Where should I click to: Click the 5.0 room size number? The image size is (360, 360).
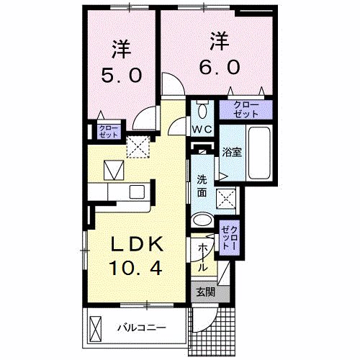[x=121, y=75]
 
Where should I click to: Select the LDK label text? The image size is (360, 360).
[x=137, y=244]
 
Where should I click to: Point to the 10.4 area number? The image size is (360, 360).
[x=135, y=268]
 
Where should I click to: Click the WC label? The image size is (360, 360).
[x=202, y=130]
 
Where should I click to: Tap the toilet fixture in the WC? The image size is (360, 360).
[x=203, y=109]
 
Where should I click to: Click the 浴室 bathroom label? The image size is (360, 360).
[x=232, y=152]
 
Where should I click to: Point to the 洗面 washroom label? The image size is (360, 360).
[x=202, y=186]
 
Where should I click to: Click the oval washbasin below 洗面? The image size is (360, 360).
[x=203, y=220]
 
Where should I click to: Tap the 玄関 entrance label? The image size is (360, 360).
[x=206, y=292]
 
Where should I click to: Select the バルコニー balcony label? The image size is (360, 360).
[x=142, y=328]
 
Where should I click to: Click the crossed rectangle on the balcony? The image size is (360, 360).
[x=96, y=329]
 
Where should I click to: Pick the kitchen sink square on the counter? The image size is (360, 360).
[x=137, y=192]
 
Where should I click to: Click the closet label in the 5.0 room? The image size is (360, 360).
[x=109, y=131]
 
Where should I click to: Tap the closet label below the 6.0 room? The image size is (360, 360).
[x=246, y=109]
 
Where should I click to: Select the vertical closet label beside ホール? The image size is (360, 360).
[x=230, y=238]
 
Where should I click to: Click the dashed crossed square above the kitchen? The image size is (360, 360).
[x=138, y=147]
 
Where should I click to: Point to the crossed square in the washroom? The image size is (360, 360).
[x=226, y=199]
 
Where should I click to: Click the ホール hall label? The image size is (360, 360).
[x=203, y=258]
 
